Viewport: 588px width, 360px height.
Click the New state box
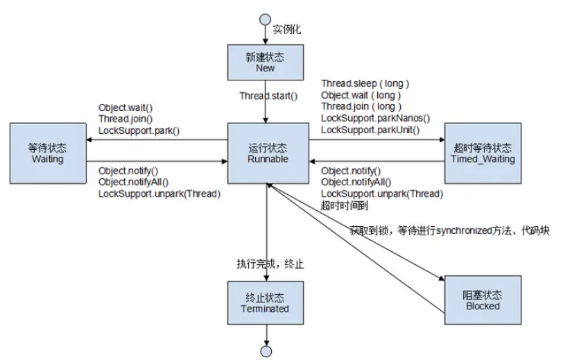(265, 62)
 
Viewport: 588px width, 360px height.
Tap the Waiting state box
(46, 153)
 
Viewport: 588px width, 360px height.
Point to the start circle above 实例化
(265, 19)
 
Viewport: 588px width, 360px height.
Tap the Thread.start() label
(268, 96)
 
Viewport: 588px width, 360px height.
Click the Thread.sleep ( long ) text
(365, 84)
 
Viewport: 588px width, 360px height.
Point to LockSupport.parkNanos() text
(375, 118)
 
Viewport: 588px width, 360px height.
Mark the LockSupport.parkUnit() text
(371, 129)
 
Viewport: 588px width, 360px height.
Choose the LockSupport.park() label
(139, 130)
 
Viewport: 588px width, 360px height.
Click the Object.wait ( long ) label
(361, 95)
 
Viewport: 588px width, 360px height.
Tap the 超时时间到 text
(345, 205)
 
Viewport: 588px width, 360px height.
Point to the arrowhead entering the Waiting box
(89, 139)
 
